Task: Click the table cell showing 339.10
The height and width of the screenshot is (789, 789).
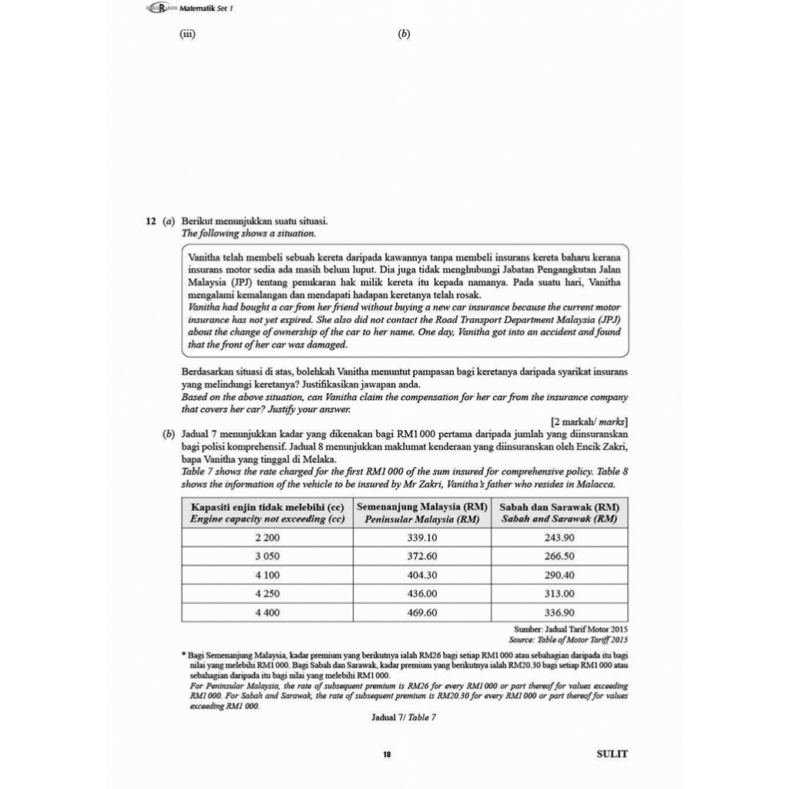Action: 422,538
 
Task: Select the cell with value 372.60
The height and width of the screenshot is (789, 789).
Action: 422,556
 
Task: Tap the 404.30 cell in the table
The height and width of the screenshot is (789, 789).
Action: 422,575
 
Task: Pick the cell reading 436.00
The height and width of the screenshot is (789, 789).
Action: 422,594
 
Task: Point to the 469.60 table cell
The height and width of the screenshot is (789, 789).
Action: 422,613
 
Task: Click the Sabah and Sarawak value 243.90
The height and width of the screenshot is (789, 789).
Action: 559,538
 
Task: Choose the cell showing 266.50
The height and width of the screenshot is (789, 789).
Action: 559,556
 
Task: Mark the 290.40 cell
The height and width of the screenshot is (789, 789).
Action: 559,575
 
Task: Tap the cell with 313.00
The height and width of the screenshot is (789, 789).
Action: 559,594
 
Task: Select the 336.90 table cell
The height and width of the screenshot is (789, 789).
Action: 559,613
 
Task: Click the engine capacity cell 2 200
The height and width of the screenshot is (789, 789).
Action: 267,538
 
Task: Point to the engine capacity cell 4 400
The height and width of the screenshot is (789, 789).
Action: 267,613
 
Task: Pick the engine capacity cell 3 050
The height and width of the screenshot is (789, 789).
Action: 267,556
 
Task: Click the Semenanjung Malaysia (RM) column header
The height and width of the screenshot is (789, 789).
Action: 422,513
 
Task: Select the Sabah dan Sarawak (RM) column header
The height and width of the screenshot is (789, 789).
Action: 559,513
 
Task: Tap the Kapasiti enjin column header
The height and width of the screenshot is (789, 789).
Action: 267,513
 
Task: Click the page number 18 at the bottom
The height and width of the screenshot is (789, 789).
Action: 387,754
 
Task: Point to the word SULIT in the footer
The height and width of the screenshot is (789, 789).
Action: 612,754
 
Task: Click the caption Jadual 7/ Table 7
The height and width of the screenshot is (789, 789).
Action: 404,717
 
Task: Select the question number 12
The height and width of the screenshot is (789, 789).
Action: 152,221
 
